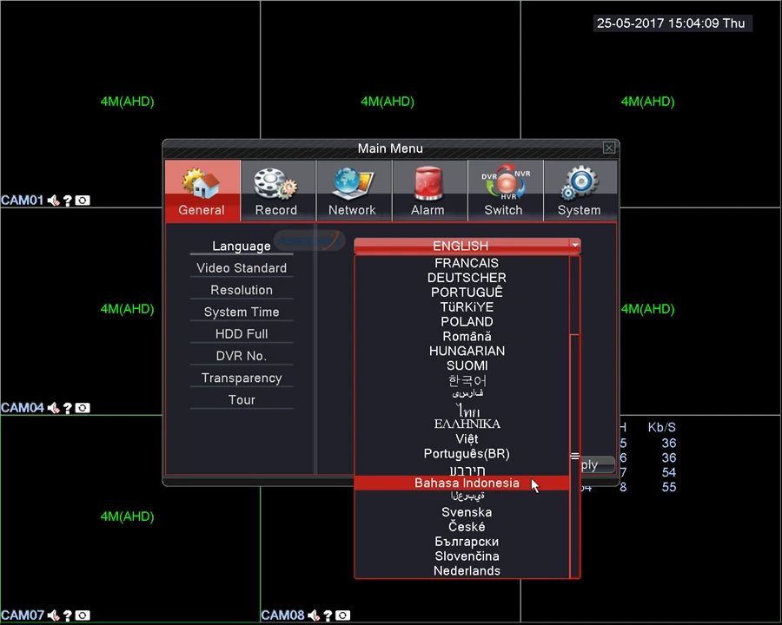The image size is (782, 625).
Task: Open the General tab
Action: [x=202, y=191]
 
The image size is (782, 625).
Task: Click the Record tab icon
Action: [x=276, y=185]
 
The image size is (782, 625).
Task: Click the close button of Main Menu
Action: [x=609, y=148]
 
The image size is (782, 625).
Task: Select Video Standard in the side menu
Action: [x=242, y=268]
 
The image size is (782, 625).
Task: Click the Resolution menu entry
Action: [x=242, y=290]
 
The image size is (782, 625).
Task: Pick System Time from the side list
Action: [x=242, y=312]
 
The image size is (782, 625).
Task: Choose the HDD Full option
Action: [x=242, y=334]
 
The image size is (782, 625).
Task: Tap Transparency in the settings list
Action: [x=242, y=378]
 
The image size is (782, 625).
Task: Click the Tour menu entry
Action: [x=242, y=400]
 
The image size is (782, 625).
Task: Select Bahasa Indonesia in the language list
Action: [x=467, y=484]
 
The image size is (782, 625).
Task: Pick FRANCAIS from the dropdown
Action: [x=467, y=263]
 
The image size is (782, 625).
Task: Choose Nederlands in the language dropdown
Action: [x=467, y=571]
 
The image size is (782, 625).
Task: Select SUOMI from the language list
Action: [x=467, y=365]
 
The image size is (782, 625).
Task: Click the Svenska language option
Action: [x=467, y=512]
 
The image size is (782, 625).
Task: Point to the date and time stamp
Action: [x=671, y=23]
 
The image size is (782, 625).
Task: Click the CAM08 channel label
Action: [x=282, y=615]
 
